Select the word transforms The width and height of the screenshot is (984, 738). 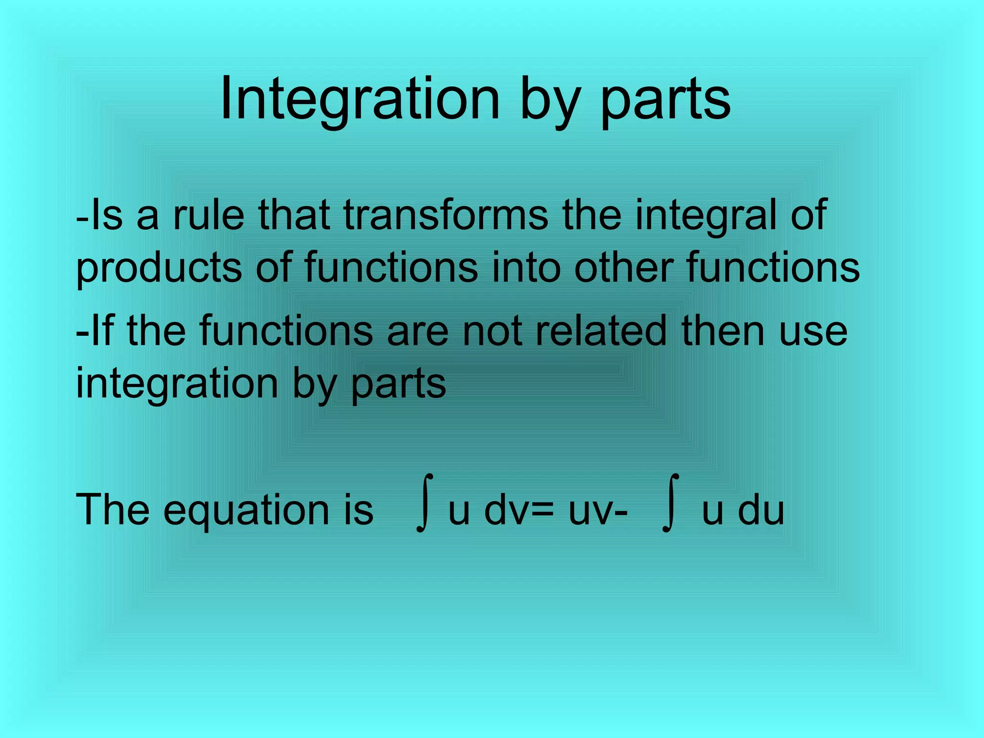446,215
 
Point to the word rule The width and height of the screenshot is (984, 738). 209,215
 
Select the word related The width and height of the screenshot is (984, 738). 601,331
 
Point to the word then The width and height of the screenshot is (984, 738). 723,331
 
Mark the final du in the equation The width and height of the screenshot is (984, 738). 761,510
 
